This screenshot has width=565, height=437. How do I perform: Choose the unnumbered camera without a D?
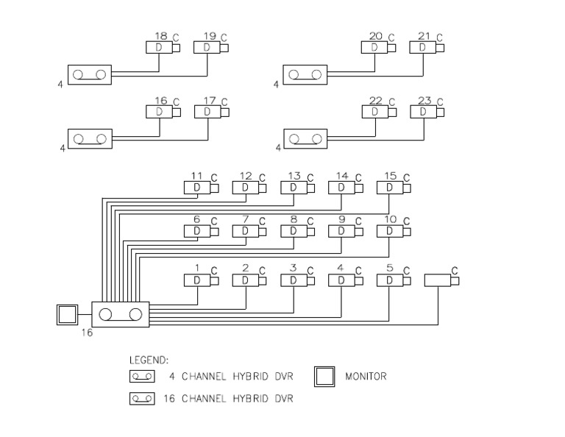(441, 280)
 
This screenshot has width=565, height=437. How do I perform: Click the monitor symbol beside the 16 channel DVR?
(67, 315)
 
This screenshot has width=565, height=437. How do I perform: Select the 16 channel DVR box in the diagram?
(120, 315)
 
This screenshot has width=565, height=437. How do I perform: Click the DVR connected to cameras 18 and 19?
(90, 75)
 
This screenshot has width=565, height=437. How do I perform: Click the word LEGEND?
(149, 360)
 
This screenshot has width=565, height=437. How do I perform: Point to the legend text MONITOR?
(366, 377)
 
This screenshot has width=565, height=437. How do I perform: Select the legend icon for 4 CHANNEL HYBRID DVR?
(143, 377)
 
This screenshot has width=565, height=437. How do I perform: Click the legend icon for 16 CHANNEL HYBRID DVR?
(143, 399)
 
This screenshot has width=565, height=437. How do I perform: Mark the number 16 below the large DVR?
(87, 333)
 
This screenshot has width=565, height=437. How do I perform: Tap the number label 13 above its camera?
(294, 176)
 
